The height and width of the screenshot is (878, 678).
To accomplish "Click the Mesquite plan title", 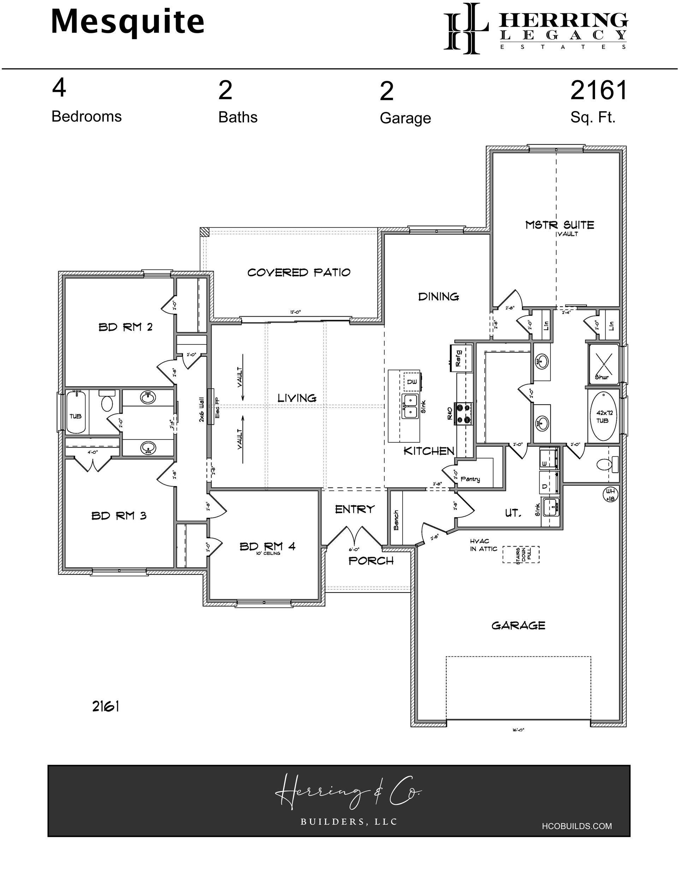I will point(127,23).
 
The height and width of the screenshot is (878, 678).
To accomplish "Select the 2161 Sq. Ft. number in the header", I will point(599,90).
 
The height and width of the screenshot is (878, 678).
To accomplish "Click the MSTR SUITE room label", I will point(559,225).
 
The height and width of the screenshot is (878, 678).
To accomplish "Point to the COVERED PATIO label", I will point(299,272).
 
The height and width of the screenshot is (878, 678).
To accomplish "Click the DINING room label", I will point(439,297).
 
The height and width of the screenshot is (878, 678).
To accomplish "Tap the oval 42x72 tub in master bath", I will point(602,417).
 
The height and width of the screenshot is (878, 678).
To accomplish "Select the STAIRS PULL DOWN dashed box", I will point(521,554).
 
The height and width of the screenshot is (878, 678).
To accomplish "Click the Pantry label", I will point(470,479).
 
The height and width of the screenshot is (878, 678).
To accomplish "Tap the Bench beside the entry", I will point(396,520).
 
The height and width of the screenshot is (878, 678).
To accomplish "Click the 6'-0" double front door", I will point(354,537).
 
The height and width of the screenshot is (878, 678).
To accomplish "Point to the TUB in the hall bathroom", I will point(76,412).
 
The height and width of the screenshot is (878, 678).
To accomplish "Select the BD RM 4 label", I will point(267,546).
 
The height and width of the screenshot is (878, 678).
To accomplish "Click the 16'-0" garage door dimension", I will point(518,730).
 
